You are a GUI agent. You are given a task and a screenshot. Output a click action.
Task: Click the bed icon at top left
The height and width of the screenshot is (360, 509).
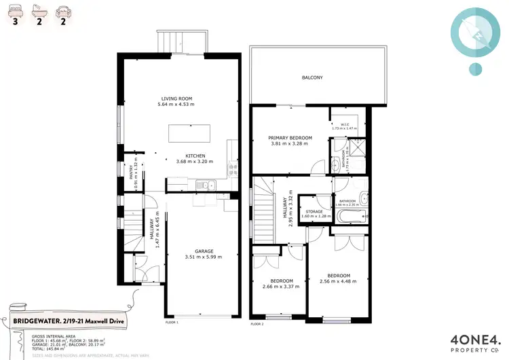point(16,9)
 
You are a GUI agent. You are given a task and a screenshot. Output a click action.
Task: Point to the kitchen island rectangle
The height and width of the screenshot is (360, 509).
point(191,134)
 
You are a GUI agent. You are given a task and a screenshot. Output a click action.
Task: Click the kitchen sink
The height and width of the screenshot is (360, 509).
point(203,185)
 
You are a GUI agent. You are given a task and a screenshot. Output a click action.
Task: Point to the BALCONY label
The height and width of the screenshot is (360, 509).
point(312,78)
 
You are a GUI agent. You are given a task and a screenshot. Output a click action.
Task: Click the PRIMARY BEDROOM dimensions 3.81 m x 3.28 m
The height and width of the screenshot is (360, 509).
point(289,144)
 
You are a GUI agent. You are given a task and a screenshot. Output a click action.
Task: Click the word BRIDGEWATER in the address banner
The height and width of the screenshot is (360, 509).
point(34,321)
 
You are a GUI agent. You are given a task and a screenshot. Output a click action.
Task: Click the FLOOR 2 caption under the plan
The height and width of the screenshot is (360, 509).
point(257,325)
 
